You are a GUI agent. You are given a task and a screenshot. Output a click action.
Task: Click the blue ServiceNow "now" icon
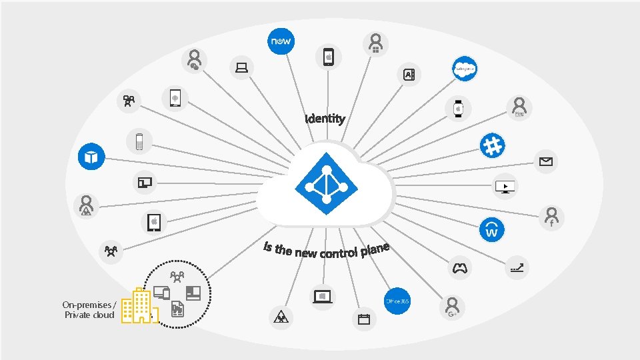tap(280, 41)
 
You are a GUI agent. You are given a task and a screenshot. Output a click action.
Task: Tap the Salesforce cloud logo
tap(464, 69)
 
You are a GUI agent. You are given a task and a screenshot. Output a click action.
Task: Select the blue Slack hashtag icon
tap(493, 146)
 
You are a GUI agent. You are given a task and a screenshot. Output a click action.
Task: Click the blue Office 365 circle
tap(397, 301)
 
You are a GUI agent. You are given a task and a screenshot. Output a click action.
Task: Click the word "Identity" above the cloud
tap(325, 119)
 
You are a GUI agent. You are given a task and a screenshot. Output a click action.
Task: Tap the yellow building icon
tap(139, 307)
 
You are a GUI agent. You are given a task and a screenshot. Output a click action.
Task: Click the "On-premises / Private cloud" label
tap(89, 310)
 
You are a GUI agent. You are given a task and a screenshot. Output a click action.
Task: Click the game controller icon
tap(459, 268)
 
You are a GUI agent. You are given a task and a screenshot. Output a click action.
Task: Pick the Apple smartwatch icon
tap(458, 107)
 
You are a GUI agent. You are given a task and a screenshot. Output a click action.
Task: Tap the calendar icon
tap(363, 319)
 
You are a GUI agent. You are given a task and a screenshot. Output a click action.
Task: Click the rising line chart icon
tap(516, 267)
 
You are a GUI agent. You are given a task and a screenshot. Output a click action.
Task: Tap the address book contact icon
tap(408, 75)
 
